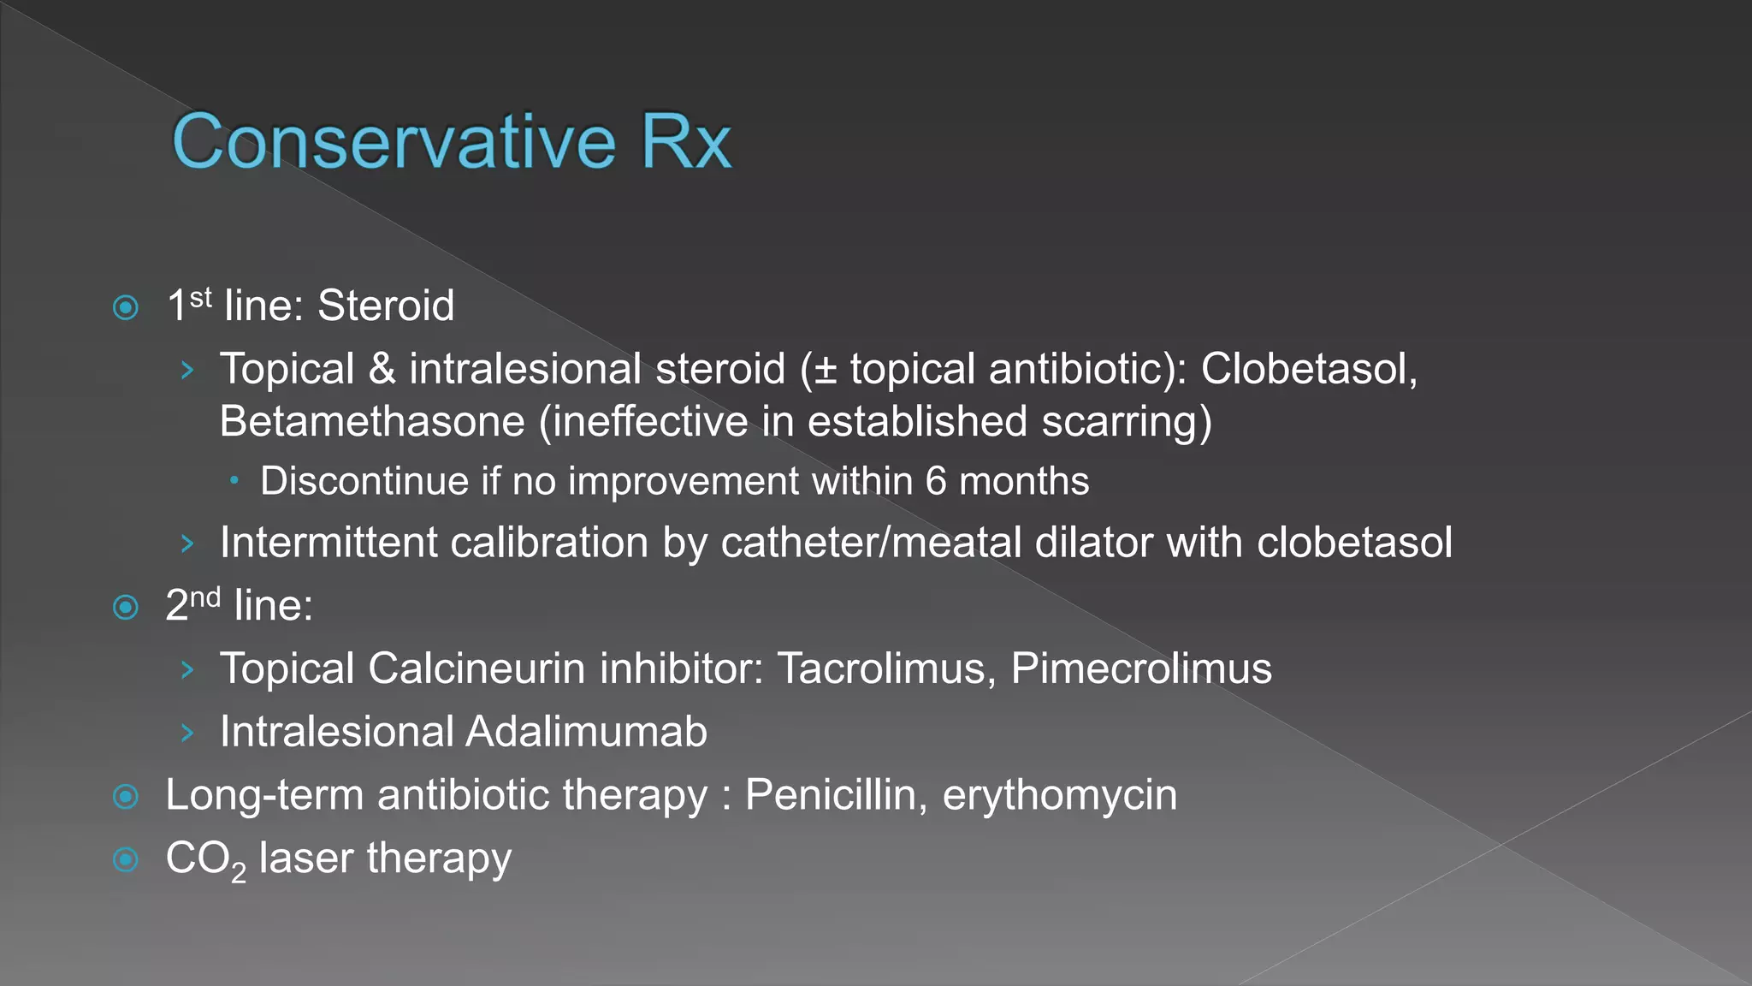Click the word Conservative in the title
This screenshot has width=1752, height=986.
[x=394, y=141]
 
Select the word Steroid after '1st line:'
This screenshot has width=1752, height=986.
[x=386, y=306]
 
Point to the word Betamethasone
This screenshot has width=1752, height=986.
[x=372, y=422]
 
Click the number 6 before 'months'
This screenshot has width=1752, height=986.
[x=936, y=481]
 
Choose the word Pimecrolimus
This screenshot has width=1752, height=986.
[x=1141, y=668]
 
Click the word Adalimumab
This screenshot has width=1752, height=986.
[x=587, y=732]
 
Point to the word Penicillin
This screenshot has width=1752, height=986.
[x=836, y=795]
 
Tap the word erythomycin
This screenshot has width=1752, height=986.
[x=1059, y=795]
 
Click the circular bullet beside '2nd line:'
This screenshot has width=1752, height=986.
[x=126, y=608]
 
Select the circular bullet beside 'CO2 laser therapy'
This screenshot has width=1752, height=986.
[x=126, y=858]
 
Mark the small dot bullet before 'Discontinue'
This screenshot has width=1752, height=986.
[x=234, y=481]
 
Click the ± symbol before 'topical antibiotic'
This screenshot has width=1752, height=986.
[x=825, y=371]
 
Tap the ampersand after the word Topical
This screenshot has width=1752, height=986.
[x=382, y=369]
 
